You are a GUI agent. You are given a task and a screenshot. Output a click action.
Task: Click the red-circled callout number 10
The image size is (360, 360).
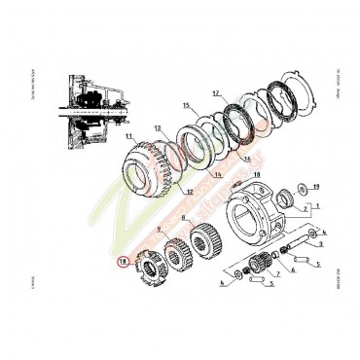(x=122, y=261)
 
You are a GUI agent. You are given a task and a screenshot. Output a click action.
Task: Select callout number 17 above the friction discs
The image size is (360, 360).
(x=215, y=93)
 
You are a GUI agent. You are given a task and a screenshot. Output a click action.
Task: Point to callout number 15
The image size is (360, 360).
(x=185, y=104)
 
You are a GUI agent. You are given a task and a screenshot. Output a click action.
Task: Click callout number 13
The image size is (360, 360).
(x=158, y=128)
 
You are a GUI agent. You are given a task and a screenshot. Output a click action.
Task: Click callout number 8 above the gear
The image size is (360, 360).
(x=184, y=220)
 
